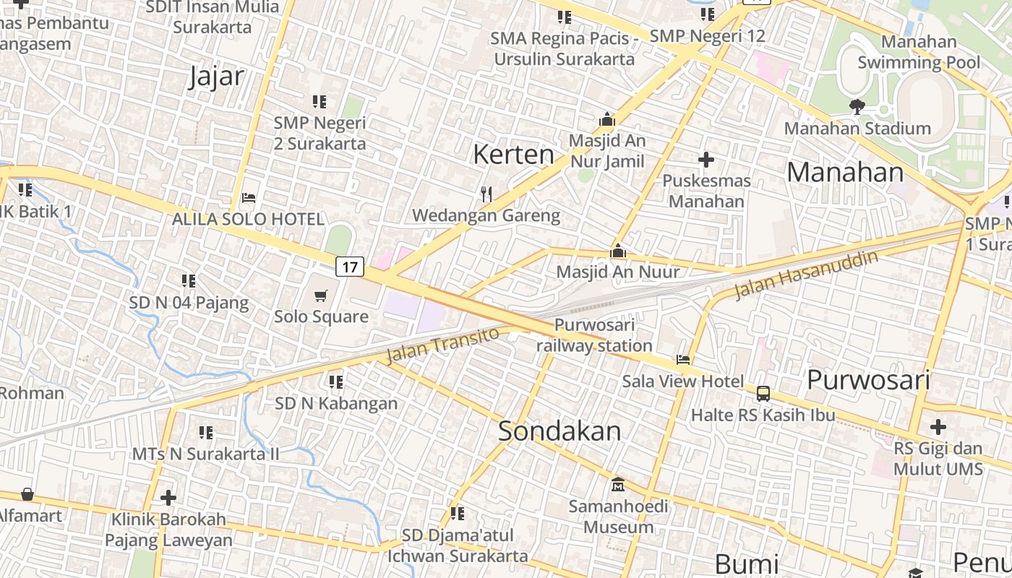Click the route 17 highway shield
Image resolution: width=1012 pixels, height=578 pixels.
pos(350,267)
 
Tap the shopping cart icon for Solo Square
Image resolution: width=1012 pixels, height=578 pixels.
pos(321,296)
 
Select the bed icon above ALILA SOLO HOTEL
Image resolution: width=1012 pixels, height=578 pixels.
pos(249,197)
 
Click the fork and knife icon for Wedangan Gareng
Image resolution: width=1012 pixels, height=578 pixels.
pos(486,194)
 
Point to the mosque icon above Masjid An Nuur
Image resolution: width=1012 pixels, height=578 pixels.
pos(617,251)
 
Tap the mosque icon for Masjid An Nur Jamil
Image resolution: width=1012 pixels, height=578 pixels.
pos(607,119)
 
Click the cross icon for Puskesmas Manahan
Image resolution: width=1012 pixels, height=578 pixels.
pos(706,160)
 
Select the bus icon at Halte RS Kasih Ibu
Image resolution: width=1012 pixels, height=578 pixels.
pos(763,394)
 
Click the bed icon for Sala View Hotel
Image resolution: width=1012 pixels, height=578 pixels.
pos(682,360)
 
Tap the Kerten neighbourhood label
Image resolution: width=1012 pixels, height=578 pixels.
pos(513,154)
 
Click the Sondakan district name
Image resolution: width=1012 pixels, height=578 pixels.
pos(559,431)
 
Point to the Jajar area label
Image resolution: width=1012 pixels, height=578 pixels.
pos(215,76)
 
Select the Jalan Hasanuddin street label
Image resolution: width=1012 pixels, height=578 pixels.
pos(807,275)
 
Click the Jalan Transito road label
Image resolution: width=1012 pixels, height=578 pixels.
pos(442,345)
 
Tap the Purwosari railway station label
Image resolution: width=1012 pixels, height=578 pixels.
pos(594,335)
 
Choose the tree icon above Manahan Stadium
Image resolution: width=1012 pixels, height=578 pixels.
pos(857,107)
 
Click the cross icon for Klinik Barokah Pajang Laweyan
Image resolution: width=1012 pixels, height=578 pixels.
pos(168,498)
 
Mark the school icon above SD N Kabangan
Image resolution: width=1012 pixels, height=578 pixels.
pos(336,381)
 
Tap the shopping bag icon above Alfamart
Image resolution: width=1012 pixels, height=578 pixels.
pos(27,494)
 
